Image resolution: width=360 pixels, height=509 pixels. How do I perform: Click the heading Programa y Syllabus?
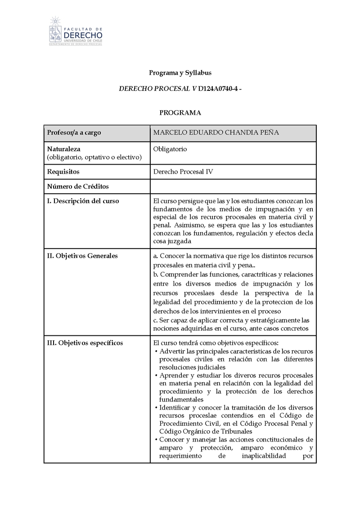[180, 72]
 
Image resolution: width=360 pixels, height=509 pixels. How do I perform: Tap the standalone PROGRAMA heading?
[180, 113]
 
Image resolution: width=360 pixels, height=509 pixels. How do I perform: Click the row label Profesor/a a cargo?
[74, 133]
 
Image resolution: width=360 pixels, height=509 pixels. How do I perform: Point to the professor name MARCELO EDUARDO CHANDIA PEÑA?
[216, 133]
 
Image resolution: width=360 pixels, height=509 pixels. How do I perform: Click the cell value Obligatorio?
[170, 149]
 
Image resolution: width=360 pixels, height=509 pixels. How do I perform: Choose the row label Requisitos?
[63, 172]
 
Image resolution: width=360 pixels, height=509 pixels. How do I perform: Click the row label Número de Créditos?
[78, 186]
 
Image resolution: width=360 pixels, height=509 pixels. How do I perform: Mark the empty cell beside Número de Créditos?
[233, 186]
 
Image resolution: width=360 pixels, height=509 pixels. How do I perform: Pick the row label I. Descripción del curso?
[83, 201]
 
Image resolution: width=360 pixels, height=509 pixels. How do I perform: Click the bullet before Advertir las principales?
[156, 351]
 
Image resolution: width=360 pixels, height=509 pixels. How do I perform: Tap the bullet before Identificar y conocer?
[156, 408]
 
